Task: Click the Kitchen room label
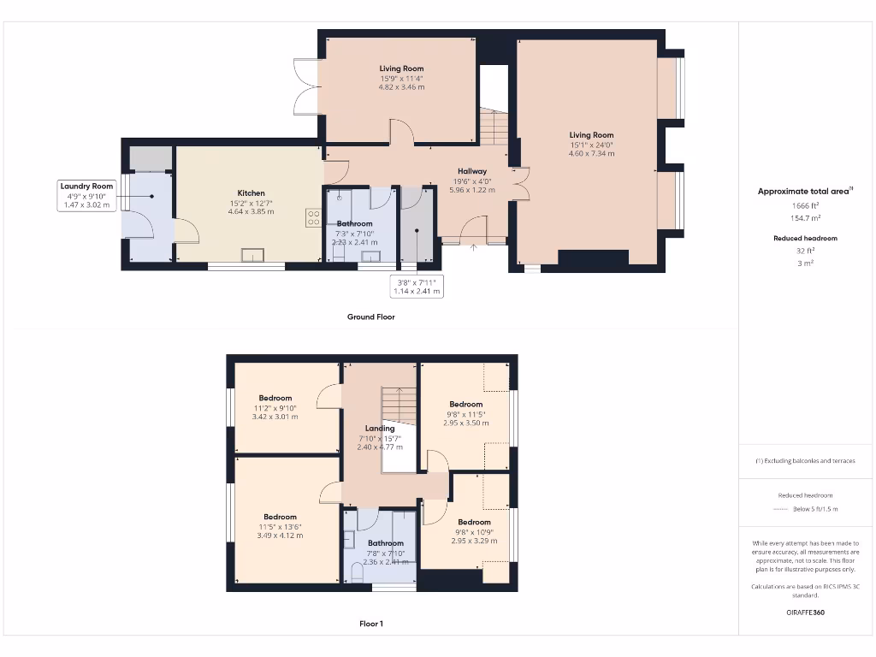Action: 251,193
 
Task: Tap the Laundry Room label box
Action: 86,195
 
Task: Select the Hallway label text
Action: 471,171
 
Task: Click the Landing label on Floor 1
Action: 380,429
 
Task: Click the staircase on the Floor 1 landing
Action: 399,404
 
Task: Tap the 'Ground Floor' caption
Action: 370,317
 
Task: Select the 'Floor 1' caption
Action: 370,624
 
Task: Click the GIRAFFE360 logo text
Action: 807,613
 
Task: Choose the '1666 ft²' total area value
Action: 806,206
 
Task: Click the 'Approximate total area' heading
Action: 804,192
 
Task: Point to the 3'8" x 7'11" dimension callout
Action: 417,287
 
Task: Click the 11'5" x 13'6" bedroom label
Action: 280,526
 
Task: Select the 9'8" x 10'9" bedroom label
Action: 473,531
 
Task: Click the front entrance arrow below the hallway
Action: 474,249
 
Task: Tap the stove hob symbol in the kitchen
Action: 312,217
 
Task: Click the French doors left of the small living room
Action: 305,86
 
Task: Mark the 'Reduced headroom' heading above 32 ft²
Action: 805,238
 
